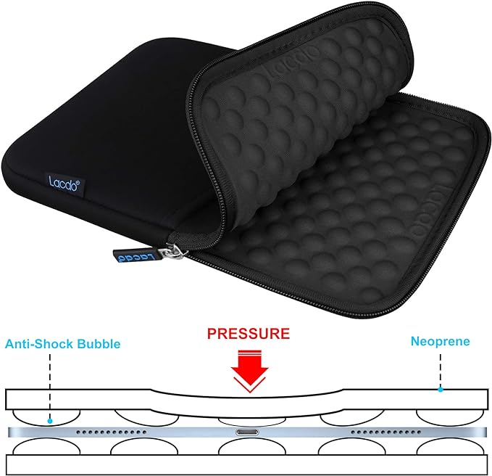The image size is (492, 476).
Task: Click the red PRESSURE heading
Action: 249,333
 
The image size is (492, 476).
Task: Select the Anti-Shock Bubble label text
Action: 63,344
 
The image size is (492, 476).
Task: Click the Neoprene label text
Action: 441,342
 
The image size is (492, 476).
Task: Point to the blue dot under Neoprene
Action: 441,390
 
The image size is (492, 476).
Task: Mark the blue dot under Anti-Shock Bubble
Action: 50,421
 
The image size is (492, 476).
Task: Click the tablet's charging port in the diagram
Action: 247,432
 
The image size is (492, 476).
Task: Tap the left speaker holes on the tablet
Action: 112,432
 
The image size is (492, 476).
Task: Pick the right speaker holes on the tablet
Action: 386,432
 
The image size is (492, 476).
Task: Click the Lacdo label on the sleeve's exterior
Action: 64,183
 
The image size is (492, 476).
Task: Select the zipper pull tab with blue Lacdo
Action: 135,256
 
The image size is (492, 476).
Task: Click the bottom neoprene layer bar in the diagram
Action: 246,464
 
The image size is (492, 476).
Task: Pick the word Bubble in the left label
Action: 99,344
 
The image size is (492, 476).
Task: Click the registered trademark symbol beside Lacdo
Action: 78,181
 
